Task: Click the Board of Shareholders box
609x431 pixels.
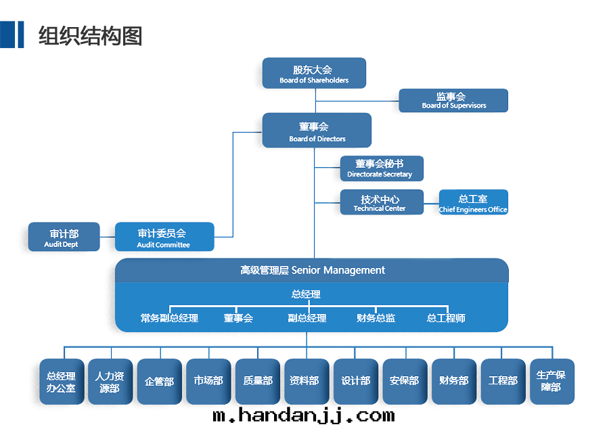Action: coord(314,73)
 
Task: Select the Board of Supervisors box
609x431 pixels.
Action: coord(453,100)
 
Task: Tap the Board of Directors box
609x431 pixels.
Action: coord(317,131)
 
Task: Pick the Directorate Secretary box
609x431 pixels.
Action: coord(382,168)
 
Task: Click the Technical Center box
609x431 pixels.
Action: coord(382,202)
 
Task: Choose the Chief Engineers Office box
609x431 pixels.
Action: coord(473,202)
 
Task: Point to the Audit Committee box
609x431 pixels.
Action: coord(164,237)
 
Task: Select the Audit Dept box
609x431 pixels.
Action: coord(64,237)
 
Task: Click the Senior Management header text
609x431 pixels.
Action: coord(313,271)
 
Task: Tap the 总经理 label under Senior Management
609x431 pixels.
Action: coord(306,294)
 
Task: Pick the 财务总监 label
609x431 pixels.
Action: coord(376,318)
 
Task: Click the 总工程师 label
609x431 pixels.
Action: coord(446,318)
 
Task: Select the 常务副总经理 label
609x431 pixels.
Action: coord(169,318)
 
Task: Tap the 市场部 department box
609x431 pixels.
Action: coord(208,382)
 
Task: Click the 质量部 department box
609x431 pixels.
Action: coord(258,382)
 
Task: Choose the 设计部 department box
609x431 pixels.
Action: coord(356,382)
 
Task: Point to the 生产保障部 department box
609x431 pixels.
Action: coord(551,382)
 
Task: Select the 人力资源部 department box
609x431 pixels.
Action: coord(110,382)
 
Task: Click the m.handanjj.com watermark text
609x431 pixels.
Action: coord(302,415)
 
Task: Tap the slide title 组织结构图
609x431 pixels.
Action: coord(90,35)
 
